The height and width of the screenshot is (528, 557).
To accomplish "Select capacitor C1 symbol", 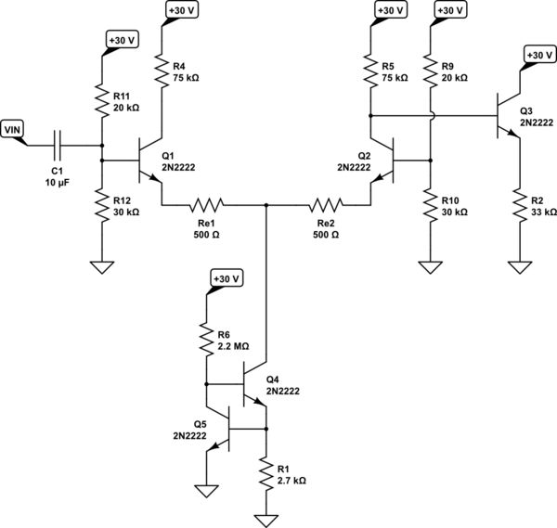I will click(59, 145).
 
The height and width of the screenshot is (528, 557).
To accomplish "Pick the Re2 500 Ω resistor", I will click(326, 203).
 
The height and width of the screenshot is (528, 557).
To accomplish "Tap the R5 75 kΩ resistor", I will click(370, 71).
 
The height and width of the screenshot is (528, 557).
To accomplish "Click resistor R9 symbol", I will click(429, 71).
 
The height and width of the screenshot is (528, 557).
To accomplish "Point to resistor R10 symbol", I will click(429, 206).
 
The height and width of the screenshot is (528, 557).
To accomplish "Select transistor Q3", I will click(507, 115).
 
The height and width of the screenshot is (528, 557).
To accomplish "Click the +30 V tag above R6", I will click(226, 278).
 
